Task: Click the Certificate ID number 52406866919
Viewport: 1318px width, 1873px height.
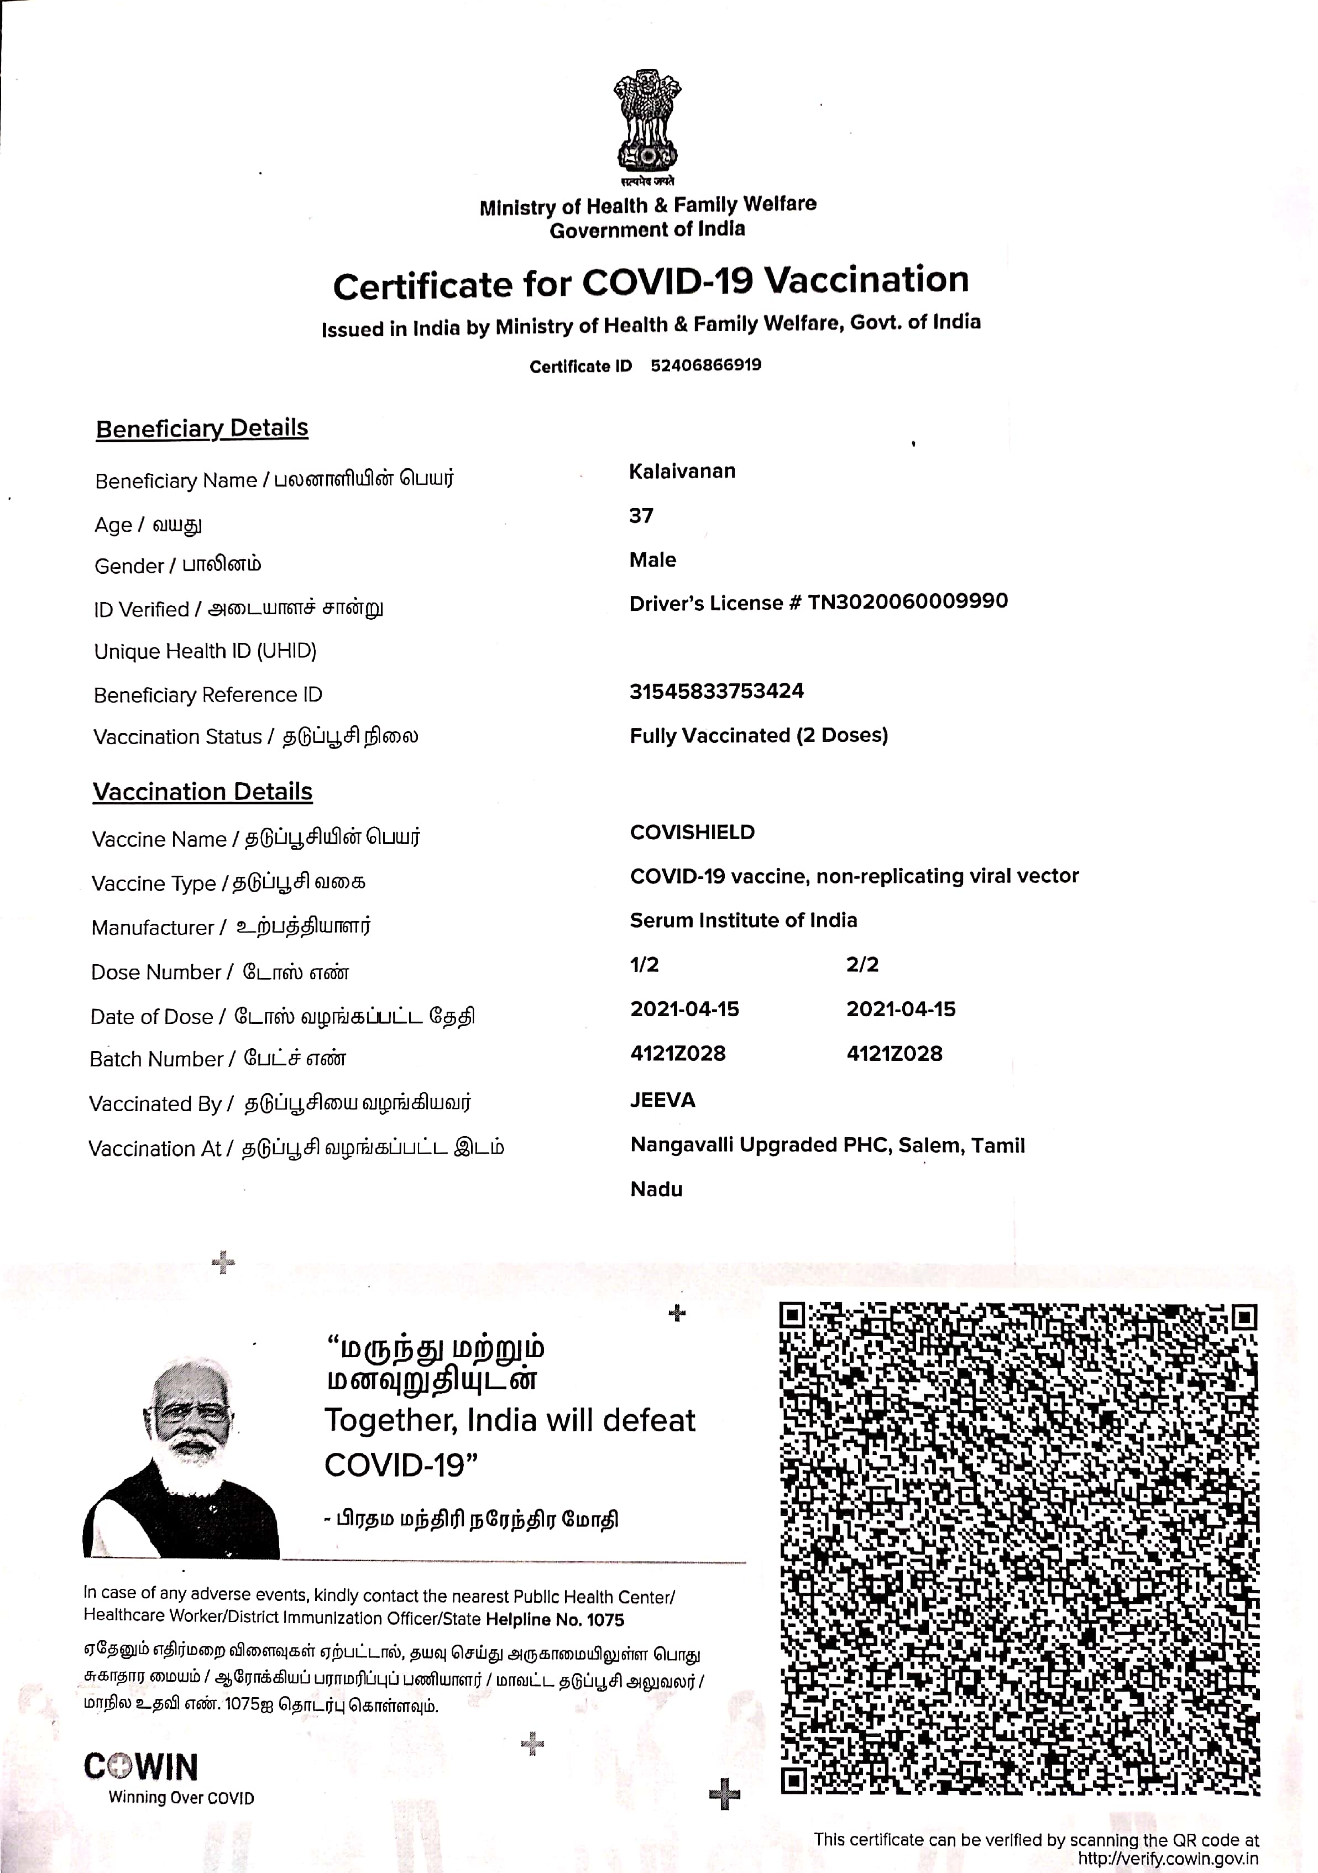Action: point(705,365)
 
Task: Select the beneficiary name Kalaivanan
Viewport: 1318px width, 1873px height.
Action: point(682,472)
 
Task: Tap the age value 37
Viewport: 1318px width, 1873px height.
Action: point(641,516)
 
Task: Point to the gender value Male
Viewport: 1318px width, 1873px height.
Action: point(652,559)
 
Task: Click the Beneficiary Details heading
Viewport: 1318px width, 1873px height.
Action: point(202,428)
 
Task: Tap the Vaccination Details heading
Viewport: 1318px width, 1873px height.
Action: point(202,791)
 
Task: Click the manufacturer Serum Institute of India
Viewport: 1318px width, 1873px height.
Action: point(743,920)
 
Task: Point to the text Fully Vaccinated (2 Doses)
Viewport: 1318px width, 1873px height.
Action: point(759,735)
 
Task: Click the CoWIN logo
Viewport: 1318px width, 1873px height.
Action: point(141,1767)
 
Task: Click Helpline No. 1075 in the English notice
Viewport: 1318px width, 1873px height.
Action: point(555,1620)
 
